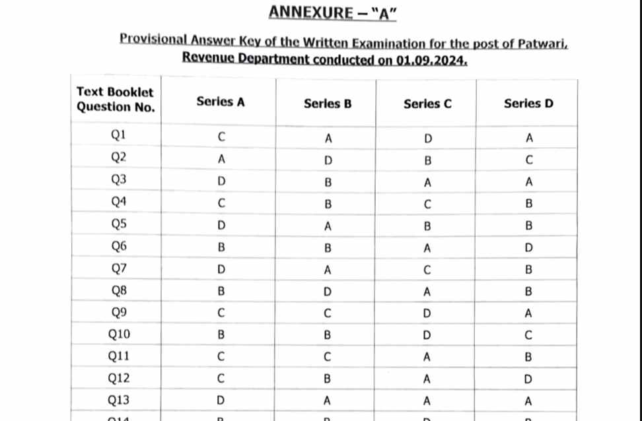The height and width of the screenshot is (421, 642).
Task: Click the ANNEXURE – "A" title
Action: pos(332,12)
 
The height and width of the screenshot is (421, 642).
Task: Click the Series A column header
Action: pos(221,102)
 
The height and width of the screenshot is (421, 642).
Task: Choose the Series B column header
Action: pos(328,104)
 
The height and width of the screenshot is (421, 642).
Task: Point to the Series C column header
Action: pos(427,104)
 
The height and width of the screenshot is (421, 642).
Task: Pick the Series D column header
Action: pos(528,104)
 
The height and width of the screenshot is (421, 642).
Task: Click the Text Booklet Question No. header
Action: pos(116,100)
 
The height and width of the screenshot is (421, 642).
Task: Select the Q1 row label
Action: pos(119,135)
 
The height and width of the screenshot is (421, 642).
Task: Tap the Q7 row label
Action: pos(119,269)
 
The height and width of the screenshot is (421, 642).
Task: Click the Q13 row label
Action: pos(119,400)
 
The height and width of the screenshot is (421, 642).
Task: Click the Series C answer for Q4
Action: pos(428,205)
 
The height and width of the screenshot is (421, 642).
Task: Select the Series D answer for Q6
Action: pos(528,248)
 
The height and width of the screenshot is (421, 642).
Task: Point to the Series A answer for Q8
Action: pos(221,291)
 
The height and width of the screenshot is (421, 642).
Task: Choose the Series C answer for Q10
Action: pos(428,335)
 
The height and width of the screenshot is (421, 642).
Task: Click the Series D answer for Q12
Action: pos(528,379)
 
